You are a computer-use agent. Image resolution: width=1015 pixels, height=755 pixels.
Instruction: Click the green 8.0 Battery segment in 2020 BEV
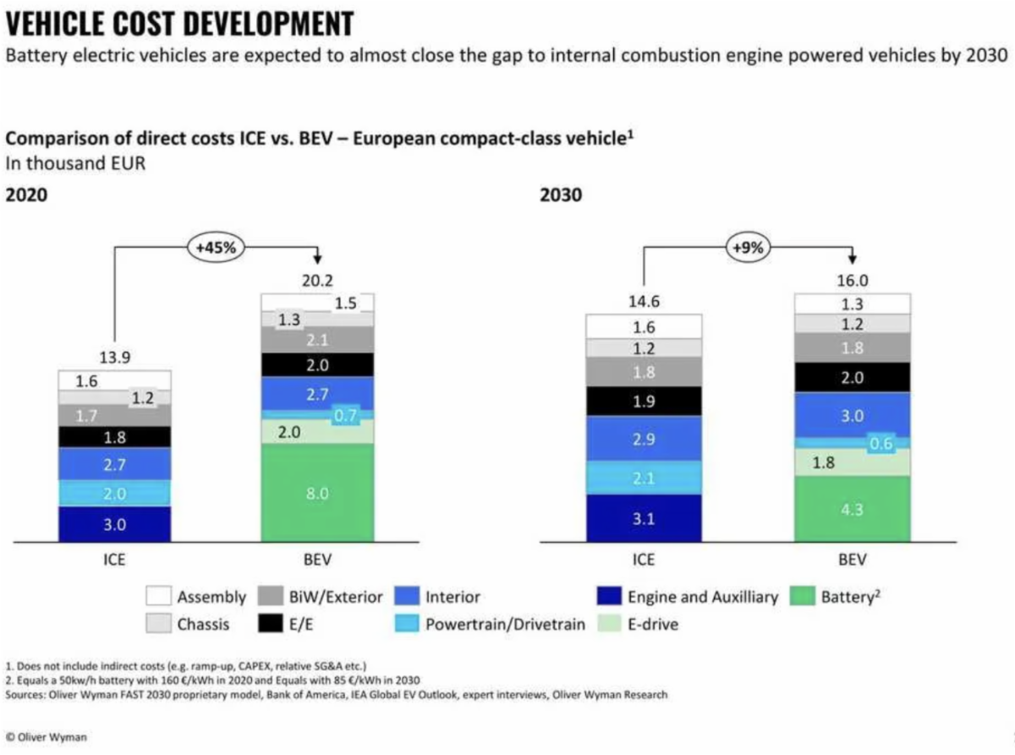coord(317,494)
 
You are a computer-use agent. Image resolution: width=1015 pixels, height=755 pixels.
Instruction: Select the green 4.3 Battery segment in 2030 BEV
coord(852,510)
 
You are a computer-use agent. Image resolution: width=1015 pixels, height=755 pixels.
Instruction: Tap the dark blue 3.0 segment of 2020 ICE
coord(114,524)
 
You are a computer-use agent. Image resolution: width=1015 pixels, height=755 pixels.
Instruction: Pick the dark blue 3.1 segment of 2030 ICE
coord(644,518)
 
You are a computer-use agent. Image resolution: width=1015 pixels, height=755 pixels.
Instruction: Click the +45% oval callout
coord(216,248)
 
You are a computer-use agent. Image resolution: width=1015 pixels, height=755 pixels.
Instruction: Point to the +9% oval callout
coord(748,248)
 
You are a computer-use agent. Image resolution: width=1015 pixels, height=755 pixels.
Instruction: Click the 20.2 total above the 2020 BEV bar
coord(317,282)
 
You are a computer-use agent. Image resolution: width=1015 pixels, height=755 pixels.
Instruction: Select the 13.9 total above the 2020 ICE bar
coord(114,358)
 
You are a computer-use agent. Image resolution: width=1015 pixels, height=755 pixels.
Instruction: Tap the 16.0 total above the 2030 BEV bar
coord(852,281)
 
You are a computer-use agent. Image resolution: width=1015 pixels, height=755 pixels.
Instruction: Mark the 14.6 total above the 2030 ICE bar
coord(644,302)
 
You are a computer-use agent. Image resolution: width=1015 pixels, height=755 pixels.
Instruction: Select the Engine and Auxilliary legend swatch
coord(608,597)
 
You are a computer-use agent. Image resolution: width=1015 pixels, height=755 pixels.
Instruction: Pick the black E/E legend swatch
coord(270,626)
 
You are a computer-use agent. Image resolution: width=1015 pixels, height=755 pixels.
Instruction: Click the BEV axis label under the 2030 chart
coord(852,560)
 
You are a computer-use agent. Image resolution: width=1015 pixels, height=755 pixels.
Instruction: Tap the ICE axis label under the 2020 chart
coord(114,560)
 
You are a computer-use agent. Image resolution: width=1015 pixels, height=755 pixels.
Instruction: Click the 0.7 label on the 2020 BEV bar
coord(344,415)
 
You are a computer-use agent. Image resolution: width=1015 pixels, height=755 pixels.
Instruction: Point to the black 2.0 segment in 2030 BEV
coord(852,378)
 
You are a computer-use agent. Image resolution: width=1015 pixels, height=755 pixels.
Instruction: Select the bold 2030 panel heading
coord(561,194)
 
